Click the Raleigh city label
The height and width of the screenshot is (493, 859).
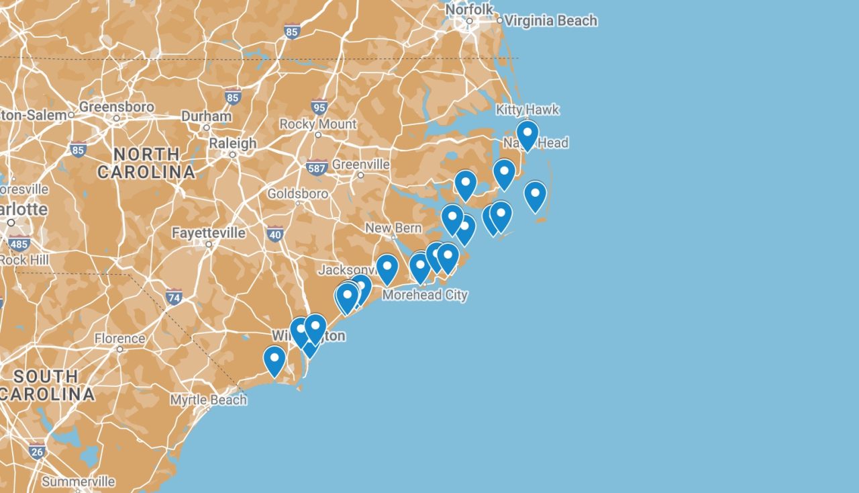232,143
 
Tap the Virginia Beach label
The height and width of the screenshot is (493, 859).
550,21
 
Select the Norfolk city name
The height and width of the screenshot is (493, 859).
469,9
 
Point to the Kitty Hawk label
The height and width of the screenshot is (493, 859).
527,109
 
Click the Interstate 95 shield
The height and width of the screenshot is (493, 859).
319,107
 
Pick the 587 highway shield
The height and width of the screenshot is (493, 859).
317,168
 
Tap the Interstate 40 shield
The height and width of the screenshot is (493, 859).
274,234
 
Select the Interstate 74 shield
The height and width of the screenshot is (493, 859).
174,296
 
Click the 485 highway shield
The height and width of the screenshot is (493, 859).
19,243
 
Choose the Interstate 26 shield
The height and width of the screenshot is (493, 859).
37,451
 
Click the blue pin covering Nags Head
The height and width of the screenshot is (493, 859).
527,134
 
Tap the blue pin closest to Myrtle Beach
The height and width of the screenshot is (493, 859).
274,360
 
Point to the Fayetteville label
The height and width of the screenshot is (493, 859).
208,233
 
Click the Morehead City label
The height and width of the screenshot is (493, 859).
425,295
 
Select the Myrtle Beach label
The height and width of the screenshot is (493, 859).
208,400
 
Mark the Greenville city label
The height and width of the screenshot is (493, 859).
360,165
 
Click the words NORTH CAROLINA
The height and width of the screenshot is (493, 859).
146,163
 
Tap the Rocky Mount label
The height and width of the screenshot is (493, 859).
318,124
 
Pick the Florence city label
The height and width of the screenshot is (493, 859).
119,339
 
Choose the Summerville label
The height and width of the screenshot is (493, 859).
78,482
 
